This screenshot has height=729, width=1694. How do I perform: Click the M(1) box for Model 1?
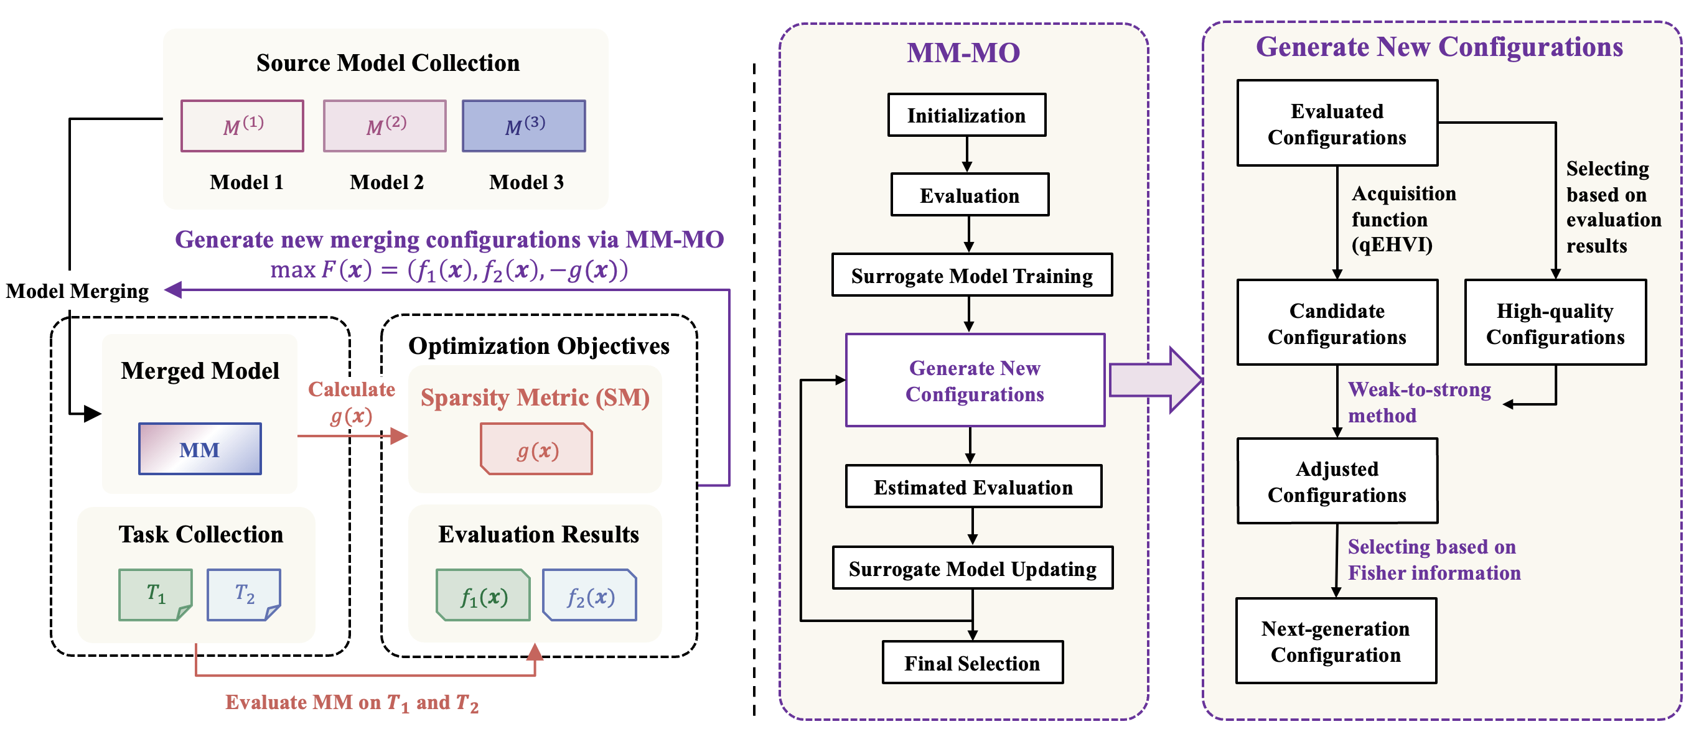(242, 126)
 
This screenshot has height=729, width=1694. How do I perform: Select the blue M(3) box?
(523, 126)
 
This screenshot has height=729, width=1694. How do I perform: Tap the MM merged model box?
(200, 449)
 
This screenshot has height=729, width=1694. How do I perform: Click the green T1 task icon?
(155, 594)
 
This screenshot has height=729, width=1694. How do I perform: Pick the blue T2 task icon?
(243, 594)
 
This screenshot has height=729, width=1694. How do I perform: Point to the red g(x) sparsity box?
(536, 450)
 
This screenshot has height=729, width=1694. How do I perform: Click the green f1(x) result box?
(484, 595)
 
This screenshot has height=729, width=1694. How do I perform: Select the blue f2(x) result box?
(590, 595)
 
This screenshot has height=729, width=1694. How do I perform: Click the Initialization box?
(966, 115)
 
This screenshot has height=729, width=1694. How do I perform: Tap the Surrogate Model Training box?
(972, 276)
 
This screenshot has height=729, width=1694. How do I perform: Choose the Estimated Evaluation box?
(973, 486)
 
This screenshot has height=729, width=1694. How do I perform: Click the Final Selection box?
(972, 662)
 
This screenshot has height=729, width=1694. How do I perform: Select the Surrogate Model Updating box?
(973, 568)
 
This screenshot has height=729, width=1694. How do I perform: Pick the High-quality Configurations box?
(1555, 323)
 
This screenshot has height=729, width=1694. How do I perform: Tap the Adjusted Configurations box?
(1337, 481)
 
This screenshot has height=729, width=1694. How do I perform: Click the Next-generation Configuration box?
(1336, 641)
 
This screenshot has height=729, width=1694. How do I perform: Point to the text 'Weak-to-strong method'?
(1419, 402)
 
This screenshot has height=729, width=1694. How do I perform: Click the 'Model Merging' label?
(78, 290)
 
